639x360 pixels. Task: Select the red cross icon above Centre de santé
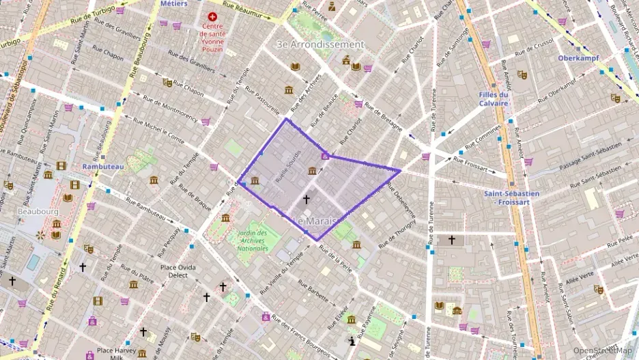tap(212, 16)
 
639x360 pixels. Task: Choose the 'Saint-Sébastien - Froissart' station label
tap(511, 197)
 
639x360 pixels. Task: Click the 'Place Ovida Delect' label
tap(178, 271)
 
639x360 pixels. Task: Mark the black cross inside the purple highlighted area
tap(307, 199)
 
